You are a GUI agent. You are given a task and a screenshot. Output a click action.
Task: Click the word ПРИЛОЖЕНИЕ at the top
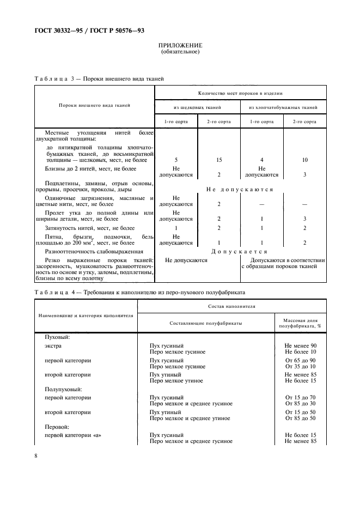pos(180,45)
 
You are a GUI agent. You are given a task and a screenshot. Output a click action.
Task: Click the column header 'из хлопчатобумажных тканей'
pos(283,107)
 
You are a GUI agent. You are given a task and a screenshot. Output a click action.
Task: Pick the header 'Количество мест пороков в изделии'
pos(240,93)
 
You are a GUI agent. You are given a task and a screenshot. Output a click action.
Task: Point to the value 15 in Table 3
pos(218,160)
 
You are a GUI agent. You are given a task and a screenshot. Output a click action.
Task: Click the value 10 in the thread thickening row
pos(304,160)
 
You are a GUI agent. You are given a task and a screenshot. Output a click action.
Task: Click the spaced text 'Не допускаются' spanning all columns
pos(240,189)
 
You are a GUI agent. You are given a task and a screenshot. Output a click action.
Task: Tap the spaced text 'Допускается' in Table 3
pos(240,252)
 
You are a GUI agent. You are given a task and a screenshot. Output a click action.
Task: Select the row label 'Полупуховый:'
pos(63,390)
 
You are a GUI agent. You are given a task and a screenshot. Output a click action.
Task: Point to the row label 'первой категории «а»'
pos(74,434)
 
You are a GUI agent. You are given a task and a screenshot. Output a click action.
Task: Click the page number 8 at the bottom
pos(35,456)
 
